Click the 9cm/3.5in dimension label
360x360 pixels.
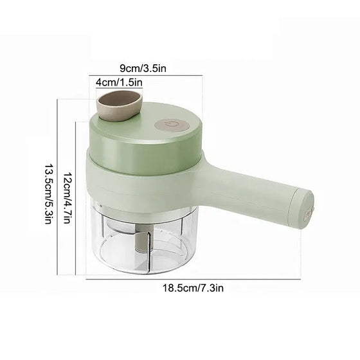click(143, 68)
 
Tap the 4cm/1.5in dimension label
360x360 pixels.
click(119, 82)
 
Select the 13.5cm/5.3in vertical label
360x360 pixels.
click(48, 194)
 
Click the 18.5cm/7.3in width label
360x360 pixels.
click(193, 288)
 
